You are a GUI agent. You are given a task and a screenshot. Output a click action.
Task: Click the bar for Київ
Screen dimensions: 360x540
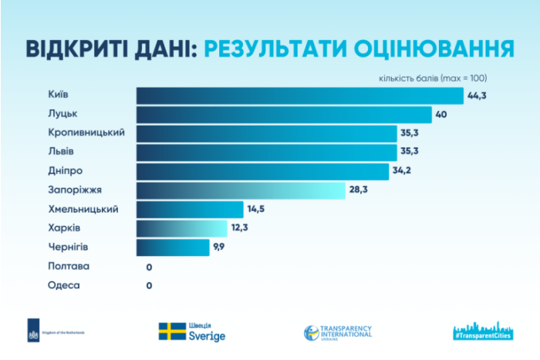tap(300, 96)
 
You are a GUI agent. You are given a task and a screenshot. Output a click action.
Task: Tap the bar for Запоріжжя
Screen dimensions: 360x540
tap(241, 190)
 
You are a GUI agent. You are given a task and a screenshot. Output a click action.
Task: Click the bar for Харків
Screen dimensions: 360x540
tap(182, 228)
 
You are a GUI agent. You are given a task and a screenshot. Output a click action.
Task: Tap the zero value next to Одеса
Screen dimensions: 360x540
tap(149, 285)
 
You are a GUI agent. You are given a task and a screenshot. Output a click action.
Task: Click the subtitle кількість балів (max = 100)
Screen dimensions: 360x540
tap(432, 77)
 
